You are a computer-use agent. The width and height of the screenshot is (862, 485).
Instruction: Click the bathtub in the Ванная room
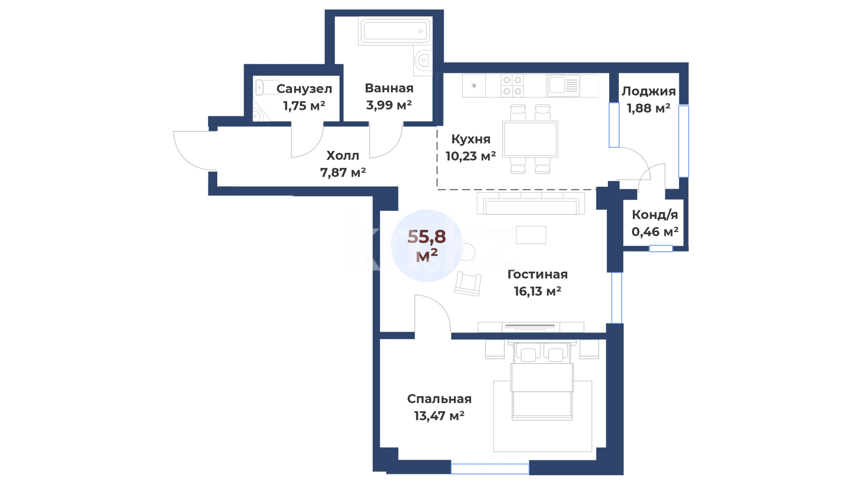pos(395,31)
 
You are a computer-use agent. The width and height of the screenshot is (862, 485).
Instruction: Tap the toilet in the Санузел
pos(264,87)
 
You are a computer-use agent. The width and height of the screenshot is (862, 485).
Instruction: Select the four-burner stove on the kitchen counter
pos(512,86)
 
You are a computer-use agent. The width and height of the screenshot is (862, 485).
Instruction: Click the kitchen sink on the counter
pos(563,85)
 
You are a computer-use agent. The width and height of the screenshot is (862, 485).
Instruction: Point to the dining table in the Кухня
pos(530,139)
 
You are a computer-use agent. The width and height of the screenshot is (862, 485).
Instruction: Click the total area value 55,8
pos(427,236)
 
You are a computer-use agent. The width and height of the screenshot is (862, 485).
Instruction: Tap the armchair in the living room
pos(468,284)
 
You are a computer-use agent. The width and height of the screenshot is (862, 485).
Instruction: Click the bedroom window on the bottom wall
pos(490,469)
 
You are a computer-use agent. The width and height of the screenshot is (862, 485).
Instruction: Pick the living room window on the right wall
pos(617,298)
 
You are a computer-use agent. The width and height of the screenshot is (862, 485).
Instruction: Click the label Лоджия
pos(648,91)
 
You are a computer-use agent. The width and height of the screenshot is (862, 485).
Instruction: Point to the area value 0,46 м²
pos(655,232)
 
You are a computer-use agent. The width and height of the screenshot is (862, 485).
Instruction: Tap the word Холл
pos(343,155)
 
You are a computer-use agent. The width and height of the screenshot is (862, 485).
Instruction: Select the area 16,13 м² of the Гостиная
pos(537,291)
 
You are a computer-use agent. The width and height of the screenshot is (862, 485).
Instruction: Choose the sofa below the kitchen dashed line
pos(531,203)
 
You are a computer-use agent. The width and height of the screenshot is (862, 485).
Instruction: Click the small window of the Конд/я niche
pos(661,248)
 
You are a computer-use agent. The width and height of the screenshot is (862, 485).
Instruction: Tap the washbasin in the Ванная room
pos(422,61)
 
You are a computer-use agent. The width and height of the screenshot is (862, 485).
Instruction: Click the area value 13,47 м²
pos(439,416)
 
